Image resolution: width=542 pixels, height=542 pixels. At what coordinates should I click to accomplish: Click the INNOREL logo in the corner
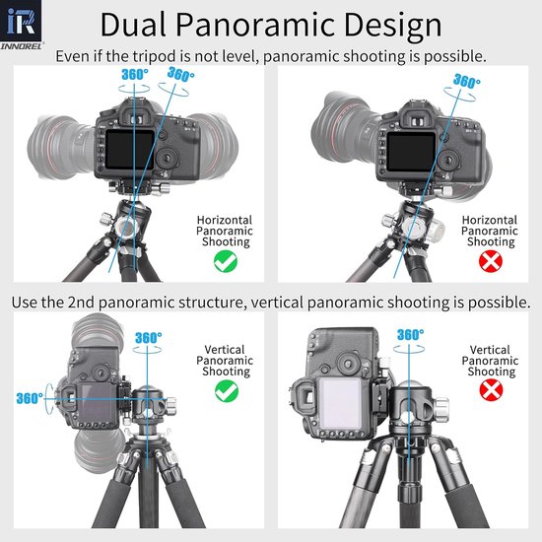[x=22, y=25]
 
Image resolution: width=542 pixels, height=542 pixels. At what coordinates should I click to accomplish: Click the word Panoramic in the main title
[x=255, y=25]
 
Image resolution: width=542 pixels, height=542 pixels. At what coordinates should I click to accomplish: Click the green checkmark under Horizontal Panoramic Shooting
[x=226, y=261]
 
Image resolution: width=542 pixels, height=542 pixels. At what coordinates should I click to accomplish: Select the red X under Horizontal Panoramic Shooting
[x=491, y=261]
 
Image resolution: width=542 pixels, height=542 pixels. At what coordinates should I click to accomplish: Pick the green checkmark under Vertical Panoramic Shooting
[x=227, y=391]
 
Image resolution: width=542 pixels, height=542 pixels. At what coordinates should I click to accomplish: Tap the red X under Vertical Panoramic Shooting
[x=491, y=390]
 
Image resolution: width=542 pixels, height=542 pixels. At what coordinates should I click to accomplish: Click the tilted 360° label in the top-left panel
[x=180, y=74]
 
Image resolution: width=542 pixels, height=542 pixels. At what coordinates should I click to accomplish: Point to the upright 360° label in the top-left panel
[x=135, y=74]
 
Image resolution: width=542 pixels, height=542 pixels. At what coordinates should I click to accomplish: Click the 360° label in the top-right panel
[x=467, y=81]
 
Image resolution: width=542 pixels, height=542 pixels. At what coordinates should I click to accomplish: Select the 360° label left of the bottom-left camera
[x=30, y=398]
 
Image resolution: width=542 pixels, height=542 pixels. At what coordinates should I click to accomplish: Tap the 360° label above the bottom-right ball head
[x=410, y=335]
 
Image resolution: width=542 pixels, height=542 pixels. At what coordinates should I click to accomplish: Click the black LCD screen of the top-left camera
[x=130, y=150]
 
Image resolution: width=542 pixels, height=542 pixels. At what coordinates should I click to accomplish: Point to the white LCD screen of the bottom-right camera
[x=341, y=403]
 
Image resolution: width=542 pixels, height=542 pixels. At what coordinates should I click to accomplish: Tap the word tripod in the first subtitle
[x=155, y=56]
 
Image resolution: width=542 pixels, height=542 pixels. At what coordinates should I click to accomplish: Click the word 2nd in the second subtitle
[x=81, y=303]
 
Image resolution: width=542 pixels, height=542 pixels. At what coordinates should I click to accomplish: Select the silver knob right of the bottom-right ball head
[x=441, y=404]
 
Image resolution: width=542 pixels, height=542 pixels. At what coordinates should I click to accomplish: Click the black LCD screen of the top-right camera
[x=411, y=152]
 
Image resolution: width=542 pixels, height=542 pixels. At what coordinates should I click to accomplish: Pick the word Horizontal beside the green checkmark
[x=225, y=220]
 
